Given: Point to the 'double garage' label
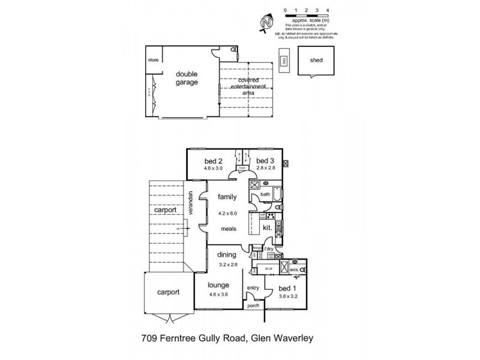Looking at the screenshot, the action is point(187,79).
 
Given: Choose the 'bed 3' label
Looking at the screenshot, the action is point(265,161).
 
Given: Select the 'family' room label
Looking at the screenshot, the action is point(227,197).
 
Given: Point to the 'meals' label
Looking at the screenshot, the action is point(228,229).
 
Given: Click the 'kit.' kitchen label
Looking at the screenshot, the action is point(268,228).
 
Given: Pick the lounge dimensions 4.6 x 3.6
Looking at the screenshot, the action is point(218,294).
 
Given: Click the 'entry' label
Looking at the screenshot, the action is point(253,288).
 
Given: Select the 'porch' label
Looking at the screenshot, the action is point(253,305).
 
